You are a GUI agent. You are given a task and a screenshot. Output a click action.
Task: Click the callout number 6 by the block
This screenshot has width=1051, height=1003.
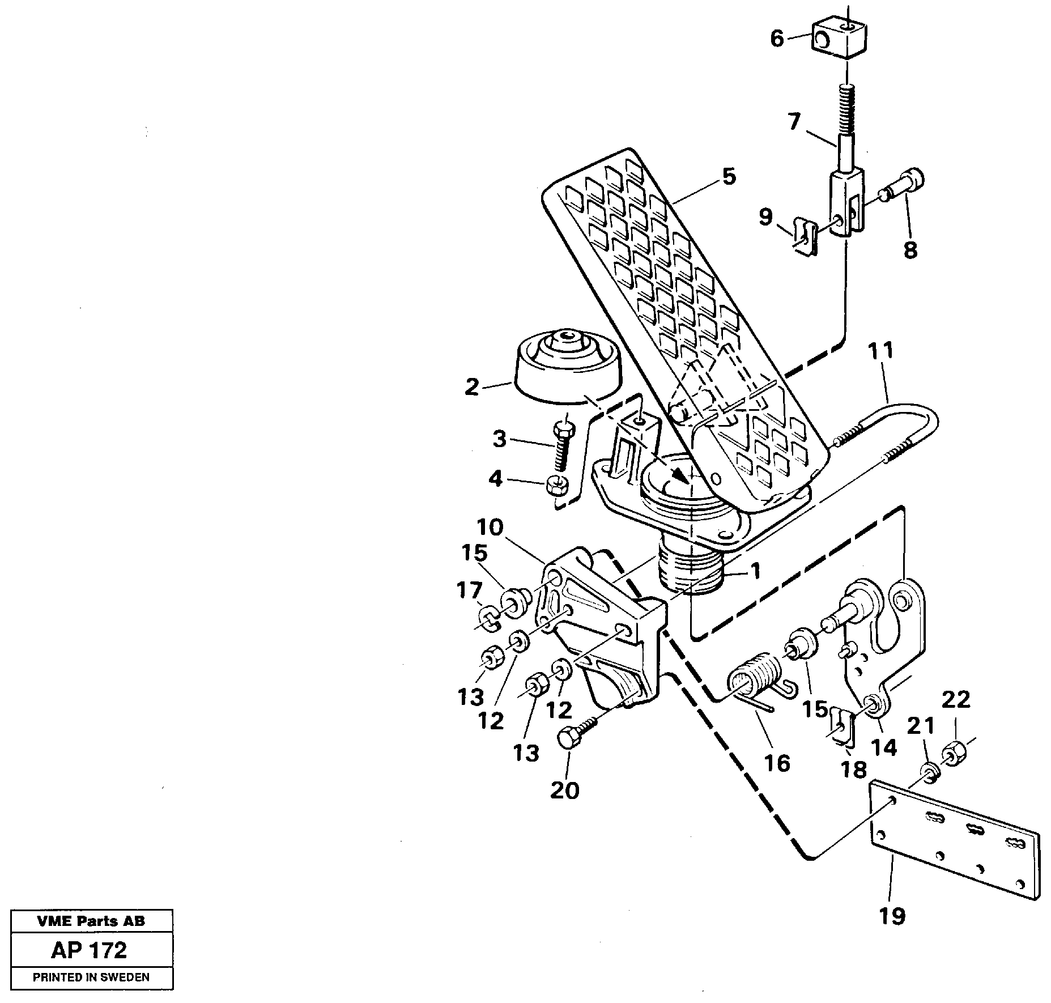point(777,39)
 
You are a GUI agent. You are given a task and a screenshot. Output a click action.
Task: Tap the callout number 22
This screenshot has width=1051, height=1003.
point(956,699)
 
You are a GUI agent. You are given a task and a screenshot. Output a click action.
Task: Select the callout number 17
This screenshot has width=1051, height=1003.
point(470,590)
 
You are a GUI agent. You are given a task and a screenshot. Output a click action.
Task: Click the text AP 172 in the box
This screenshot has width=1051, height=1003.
point(90,950)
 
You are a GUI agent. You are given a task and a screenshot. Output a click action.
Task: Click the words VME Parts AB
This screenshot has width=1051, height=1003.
point(91,921)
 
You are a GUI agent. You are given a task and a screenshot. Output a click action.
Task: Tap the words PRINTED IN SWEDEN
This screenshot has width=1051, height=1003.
point(91,977)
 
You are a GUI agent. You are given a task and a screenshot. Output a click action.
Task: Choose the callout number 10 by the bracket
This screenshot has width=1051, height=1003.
point(490,528)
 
